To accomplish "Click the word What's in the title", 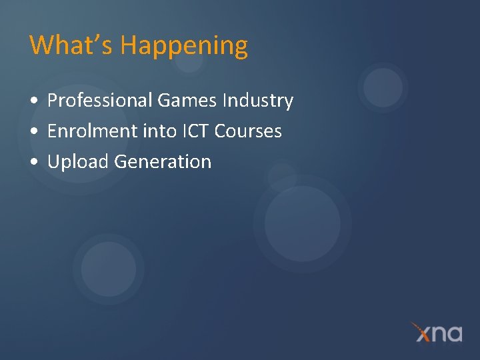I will coord(71,45).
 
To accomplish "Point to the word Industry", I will coord(258,101).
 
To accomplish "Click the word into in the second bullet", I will coord(160,131).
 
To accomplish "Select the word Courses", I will coord(249,131).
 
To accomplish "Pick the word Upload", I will coord(79,162).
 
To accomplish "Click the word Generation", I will coord(163,162).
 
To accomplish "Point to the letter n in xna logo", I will coord(437,333).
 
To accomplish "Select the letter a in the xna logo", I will coord(453,333).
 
